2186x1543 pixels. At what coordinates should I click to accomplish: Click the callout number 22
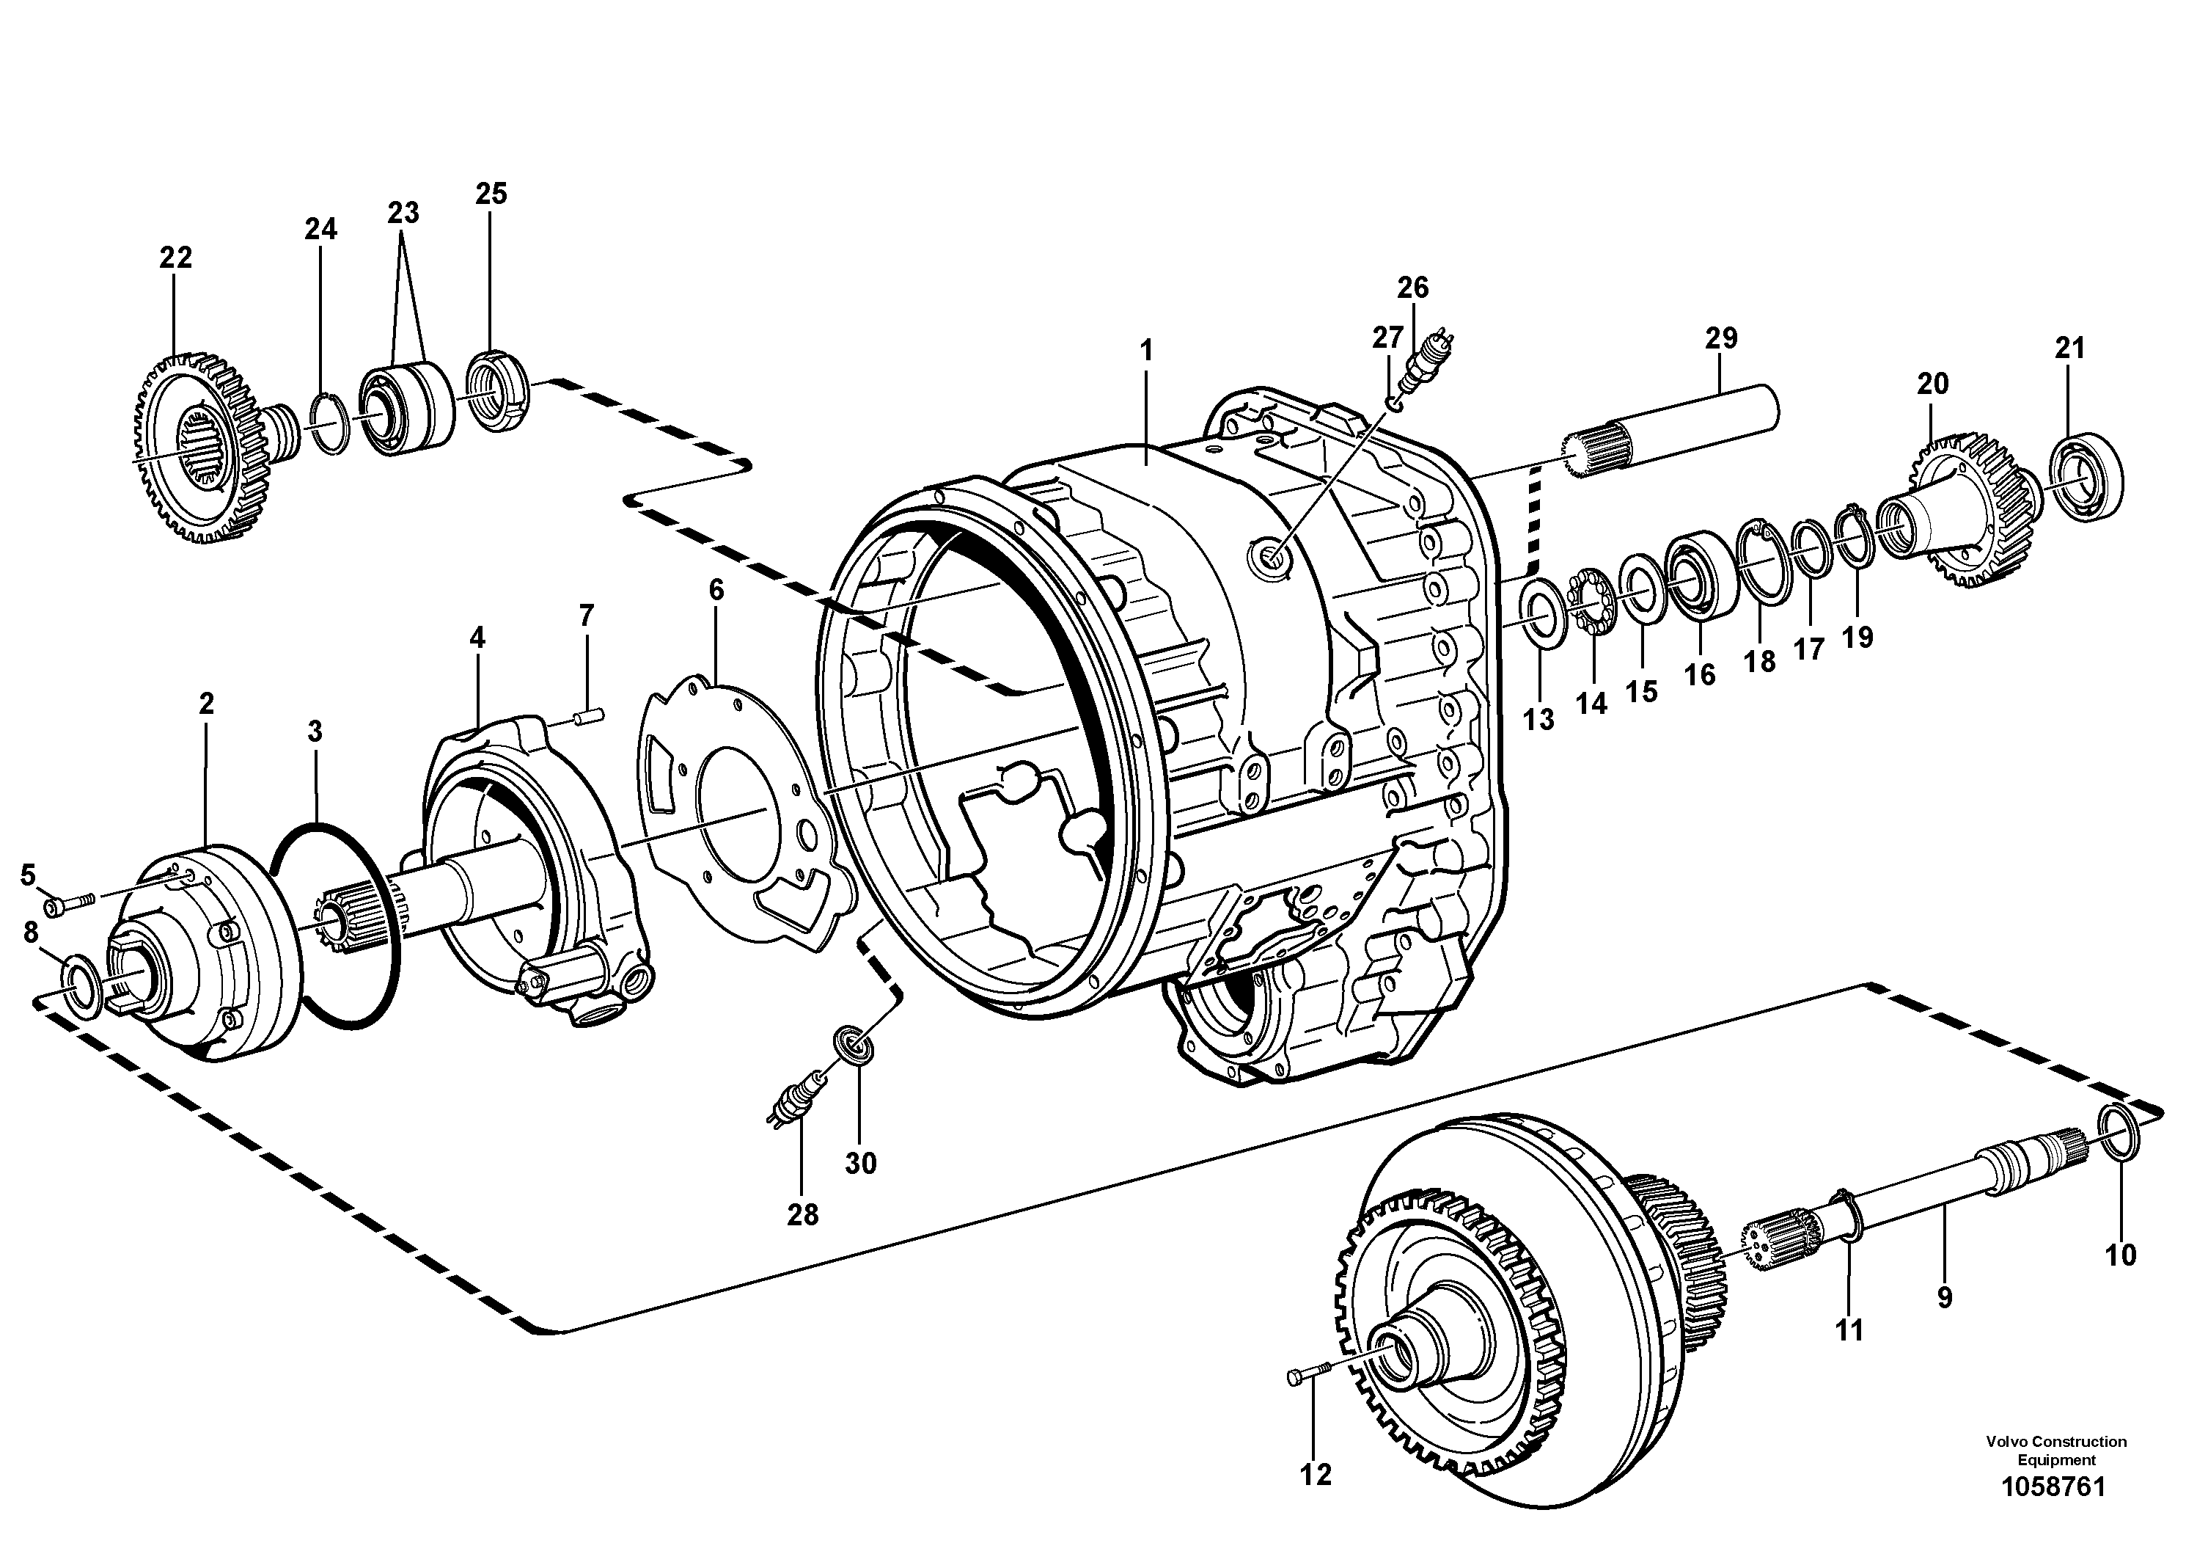pos(175,258)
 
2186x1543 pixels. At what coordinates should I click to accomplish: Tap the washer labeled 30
pos(854,1046)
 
